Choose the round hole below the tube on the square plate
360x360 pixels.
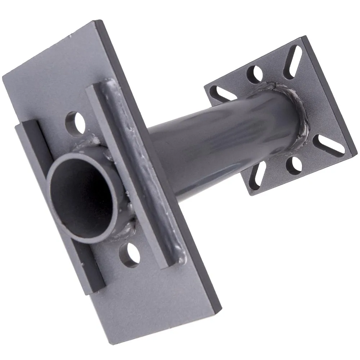coord(294,164)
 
